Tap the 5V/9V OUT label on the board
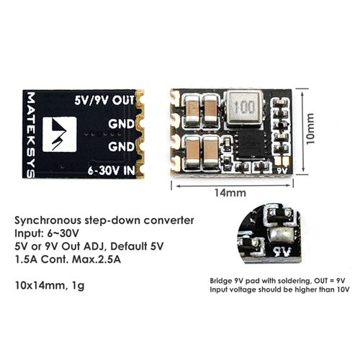point(104,100)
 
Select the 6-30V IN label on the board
point(111,171)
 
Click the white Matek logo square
point(60,134)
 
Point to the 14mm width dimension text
point(230,193)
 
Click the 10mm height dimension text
point(310,129)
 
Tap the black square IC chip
point(251,143)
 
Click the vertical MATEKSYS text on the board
point(30,135)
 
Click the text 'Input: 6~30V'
point(47,233)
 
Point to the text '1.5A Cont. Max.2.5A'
point(68,259)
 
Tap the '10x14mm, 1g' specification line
point(50,286)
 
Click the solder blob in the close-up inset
point(281,235)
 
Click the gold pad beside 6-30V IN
point(140,171)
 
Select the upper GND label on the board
point(121,124)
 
